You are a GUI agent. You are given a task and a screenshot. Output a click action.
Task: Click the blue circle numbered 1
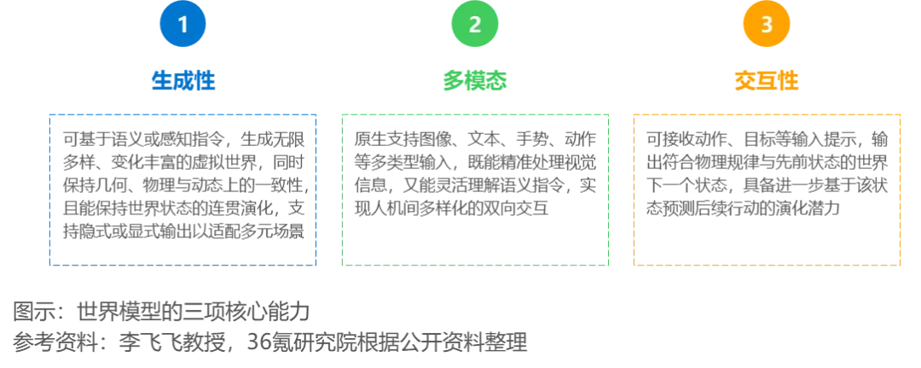(182, 25)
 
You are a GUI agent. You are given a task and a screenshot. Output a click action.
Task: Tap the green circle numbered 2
(475, 25)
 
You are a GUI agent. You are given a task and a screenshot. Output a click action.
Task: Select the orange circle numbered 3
(767, 25)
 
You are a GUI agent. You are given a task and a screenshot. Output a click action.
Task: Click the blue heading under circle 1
(182, 81)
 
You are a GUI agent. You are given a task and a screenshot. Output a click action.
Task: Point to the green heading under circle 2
(475, 81)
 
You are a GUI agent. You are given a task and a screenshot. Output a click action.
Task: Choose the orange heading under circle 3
(767, 81)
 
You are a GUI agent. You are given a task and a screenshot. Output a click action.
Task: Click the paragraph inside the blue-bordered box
(184, 184)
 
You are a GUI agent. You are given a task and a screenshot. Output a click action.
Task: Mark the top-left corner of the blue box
(49, 113)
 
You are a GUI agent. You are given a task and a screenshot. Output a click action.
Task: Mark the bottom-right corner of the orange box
(901, 263)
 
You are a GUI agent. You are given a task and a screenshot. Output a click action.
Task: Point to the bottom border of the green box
(476, 263)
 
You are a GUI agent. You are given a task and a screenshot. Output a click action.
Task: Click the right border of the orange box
(901, 188)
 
